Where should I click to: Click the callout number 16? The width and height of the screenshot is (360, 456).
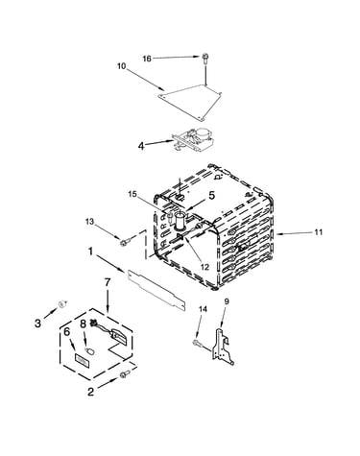(147, 59)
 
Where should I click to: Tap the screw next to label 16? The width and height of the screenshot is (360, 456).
(204, 59)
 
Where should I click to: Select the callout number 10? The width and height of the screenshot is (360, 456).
(122, 66)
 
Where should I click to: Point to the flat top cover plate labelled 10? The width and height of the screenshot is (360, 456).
(190, 103)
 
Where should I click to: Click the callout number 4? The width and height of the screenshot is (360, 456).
(141, 146)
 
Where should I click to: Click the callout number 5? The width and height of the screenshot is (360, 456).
(212, 196)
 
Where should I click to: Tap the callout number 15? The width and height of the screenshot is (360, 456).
(132, 194)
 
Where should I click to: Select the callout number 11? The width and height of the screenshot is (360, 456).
(318, 232)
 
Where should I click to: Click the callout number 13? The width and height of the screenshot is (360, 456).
(90, 222)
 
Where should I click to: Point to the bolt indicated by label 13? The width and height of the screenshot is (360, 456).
(125, 242)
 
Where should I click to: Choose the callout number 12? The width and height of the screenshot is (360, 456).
(204, 266)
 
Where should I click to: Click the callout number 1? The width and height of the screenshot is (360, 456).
(90, 252)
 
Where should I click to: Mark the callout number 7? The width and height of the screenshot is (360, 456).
(108, 282)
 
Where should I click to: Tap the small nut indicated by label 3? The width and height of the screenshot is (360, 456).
(62, 303)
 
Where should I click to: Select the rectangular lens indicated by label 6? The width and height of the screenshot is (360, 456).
(83, 360)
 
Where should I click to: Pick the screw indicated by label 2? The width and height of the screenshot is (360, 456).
(125, 374)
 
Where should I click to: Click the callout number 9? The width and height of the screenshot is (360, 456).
(227, 300)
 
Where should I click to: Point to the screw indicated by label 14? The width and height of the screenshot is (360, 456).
(197, 343)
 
